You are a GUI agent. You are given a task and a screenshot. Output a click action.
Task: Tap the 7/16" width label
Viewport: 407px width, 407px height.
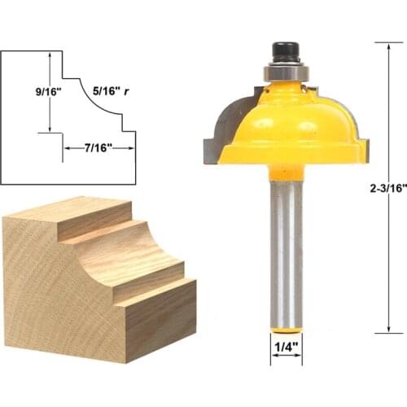[98, 147]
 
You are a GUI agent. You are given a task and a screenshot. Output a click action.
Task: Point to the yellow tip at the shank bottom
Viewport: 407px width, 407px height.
[287, 330]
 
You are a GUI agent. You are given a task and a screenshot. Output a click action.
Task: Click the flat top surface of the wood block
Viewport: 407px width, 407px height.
[65, 213]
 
